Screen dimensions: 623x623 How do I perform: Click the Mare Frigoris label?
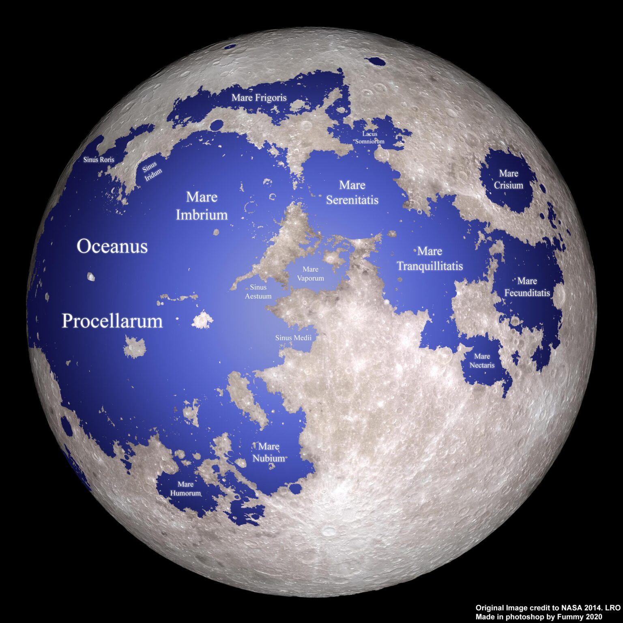[259, 98]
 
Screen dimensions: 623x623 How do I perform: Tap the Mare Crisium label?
[509, 179]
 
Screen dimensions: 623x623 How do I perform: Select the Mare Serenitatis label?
[352, 193]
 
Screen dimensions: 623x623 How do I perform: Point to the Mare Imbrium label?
[202, 206]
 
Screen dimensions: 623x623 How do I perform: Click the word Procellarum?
[112, 321]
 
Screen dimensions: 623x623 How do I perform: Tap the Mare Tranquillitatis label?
[430, 259]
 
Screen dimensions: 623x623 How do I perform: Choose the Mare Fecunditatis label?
[527, 287]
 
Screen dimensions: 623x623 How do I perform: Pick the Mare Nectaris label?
[482, 361]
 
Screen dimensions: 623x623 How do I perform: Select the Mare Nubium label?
[269, 452]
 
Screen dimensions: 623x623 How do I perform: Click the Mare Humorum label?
[185, 489]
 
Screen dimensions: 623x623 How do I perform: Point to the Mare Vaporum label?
[310, 274]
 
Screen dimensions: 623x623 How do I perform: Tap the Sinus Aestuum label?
[258, 292]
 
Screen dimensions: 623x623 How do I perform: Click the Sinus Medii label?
[293, 337]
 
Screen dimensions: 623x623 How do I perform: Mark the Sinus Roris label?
[99, 160]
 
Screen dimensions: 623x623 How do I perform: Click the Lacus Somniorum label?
[370, 137]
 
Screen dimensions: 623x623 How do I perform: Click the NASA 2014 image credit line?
[548, 608]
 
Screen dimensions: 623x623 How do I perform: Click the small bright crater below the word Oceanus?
[91, 277]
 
